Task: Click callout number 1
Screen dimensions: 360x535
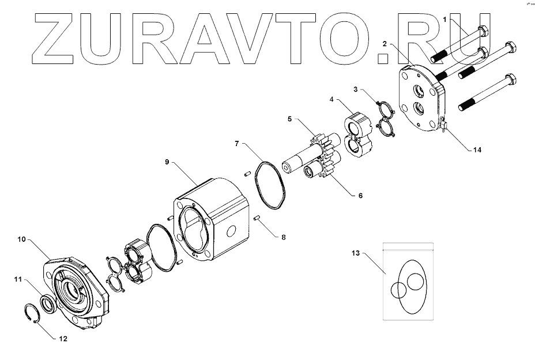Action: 444,20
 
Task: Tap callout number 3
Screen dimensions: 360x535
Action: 356,89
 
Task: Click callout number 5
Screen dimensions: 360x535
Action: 291,119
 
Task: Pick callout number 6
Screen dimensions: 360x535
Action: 360,196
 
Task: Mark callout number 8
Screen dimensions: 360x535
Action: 283,237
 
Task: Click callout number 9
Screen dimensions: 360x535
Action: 167,163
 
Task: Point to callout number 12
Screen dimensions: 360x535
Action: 63,339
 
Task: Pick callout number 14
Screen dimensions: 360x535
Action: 477,149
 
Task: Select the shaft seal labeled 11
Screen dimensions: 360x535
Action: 47,302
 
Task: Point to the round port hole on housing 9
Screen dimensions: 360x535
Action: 232,231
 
